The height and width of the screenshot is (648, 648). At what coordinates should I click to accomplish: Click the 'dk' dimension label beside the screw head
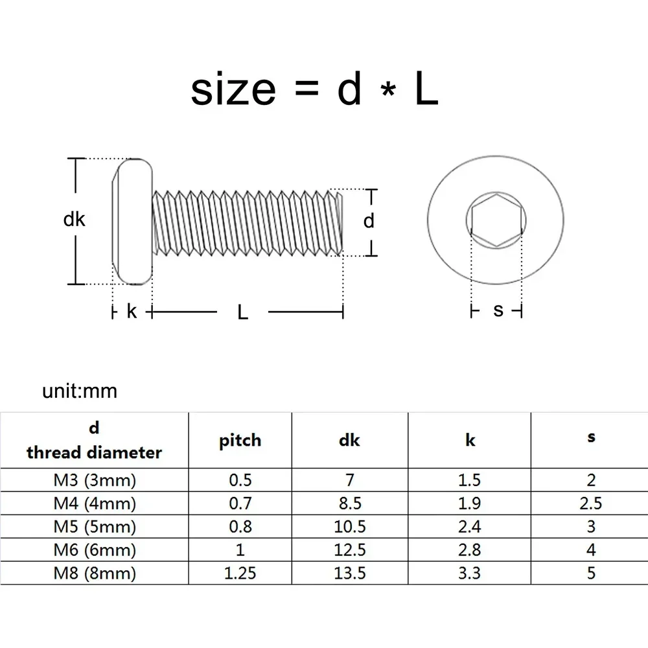(75, 220)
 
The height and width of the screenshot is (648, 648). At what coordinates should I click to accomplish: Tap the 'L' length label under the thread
(242, 312)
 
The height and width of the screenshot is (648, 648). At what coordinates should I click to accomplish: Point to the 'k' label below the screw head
(132, 312)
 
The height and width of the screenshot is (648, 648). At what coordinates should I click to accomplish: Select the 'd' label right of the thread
(368, 222)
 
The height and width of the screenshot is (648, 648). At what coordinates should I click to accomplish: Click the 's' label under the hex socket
(498, 310)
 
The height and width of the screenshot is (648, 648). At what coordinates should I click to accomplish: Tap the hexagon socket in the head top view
(496, 220)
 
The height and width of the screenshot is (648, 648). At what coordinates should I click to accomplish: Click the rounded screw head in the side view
(133, 221)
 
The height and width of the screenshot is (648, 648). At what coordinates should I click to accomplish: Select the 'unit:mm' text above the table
(80, 391)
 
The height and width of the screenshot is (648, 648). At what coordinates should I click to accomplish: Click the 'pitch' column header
(240, 440)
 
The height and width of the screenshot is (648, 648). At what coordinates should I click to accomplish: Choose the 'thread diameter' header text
(94, 452)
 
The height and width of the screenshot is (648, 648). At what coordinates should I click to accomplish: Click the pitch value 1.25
(240, 573)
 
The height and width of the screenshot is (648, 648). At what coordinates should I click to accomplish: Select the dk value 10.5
(350, 526)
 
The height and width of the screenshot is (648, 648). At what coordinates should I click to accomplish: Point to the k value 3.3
(470, 573)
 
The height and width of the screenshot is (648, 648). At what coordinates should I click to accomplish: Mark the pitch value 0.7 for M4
(240, 503)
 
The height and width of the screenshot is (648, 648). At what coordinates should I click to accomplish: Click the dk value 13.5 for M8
(350, 573)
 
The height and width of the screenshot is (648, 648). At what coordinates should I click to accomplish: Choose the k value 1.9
(470, 503)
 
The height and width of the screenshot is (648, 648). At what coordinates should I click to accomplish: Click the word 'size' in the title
(233, 90)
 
